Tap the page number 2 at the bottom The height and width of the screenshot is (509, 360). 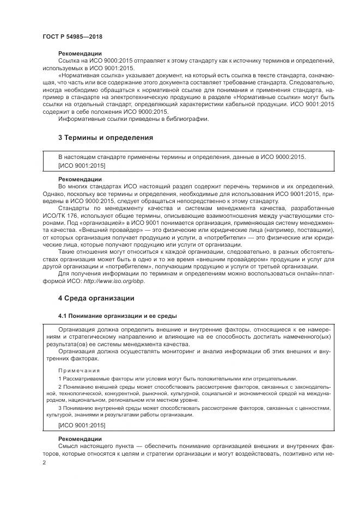[45, 463]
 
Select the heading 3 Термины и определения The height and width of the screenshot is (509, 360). [106, 138]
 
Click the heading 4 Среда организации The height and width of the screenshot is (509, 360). [96, 298]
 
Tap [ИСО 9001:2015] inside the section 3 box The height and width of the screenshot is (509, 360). [82, 165]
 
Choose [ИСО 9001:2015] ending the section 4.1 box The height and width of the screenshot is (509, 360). [82, 425]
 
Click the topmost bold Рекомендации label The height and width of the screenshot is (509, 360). [80, 53]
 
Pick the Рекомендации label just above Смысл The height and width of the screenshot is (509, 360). [80, 438]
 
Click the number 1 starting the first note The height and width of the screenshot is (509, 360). [60, 379]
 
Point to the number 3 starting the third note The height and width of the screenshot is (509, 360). [60, 408]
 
